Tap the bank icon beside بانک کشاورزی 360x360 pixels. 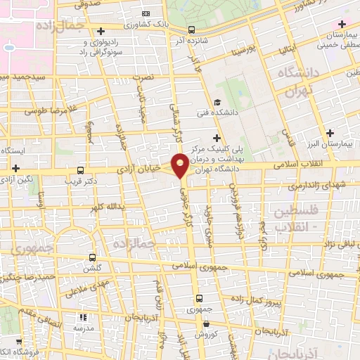coord(146,13)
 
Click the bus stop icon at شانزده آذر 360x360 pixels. coord(192,30)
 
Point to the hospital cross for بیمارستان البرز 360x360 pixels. coord(329,132)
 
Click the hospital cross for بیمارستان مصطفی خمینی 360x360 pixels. coord(342,25)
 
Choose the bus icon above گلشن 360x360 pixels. coord(92,257)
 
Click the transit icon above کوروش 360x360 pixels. coord(205,324)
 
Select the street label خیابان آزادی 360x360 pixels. coord(144,169)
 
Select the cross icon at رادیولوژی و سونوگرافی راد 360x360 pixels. coord(103,31)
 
